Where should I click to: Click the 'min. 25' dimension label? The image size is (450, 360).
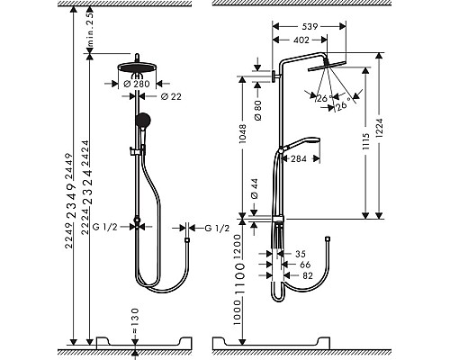coord(91,31)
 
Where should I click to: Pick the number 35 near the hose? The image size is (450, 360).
coord(299,255)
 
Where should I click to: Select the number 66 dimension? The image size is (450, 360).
coord(305,265)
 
